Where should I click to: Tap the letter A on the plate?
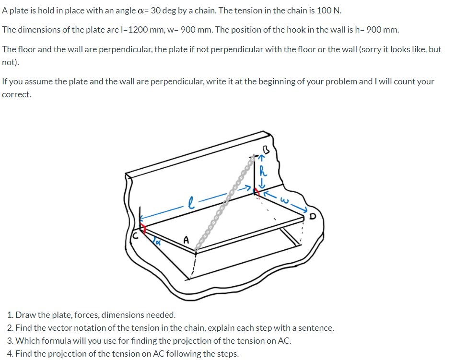187,239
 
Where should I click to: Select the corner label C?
136,236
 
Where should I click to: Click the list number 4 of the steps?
10,354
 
